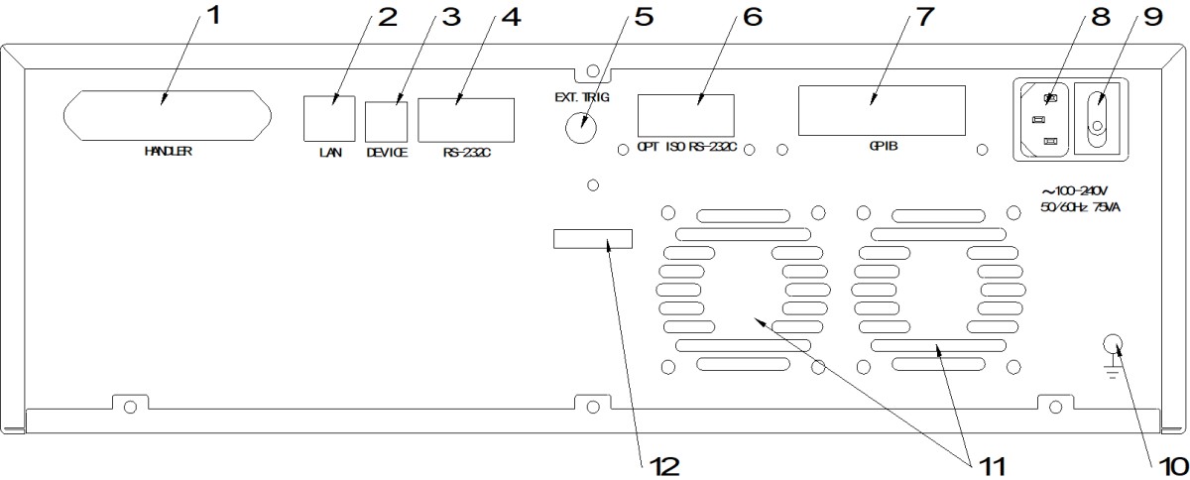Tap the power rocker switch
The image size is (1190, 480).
tap(1098, 119)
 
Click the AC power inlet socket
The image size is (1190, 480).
tap(1042, 119)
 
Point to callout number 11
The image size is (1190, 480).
tap(993, 467)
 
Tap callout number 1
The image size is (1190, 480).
tap(213, 16)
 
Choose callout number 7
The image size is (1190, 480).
tap(925, 17)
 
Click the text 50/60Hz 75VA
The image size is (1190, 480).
tap(1081, 207)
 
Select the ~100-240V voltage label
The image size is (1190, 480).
tap(1074, 190)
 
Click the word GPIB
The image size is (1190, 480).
tap(884, 146)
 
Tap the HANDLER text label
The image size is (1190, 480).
tap(169, 152)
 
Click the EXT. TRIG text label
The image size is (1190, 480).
tap(582, 97)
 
